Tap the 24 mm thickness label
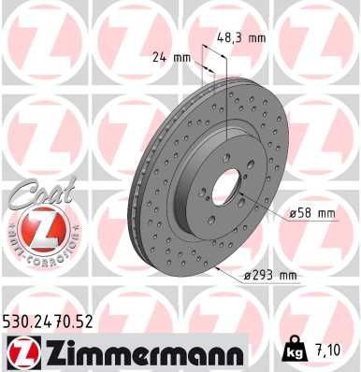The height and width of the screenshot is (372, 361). tap(170, 57)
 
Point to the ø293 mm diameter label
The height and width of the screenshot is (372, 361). tap(269, 275)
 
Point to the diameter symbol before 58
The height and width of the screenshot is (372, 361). tap(293, 214)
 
